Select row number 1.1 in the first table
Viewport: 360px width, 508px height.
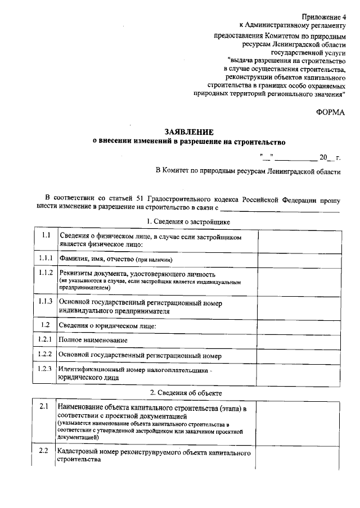click(46, 235)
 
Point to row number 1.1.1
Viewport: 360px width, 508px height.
click(46, 258)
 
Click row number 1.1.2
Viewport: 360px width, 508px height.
click(46, 273)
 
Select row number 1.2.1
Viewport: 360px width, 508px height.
click(46, 339)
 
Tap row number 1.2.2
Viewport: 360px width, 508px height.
click(46, 355)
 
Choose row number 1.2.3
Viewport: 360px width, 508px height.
click(46, 369)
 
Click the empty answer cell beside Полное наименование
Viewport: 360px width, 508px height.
click(298, 341)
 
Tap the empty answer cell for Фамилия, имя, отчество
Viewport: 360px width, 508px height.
click(298, 260)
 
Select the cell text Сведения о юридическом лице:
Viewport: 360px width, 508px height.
click(107, 326)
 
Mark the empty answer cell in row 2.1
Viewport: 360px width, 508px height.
click(298, 423)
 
